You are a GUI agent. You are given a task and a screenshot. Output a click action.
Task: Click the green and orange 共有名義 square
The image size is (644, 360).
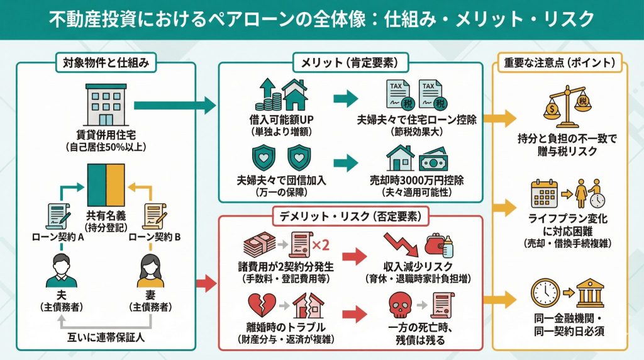(106, 183)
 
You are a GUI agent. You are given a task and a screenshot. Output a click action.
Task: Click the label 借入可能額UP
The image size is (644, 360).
(276, 118)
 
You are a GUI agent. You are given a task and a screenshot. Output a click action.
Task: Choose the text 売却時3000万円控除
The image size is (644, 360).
(416, 180)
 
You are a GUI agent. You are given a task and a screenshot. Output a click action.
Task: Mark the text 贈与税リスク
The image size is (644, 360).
(566, 152)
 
